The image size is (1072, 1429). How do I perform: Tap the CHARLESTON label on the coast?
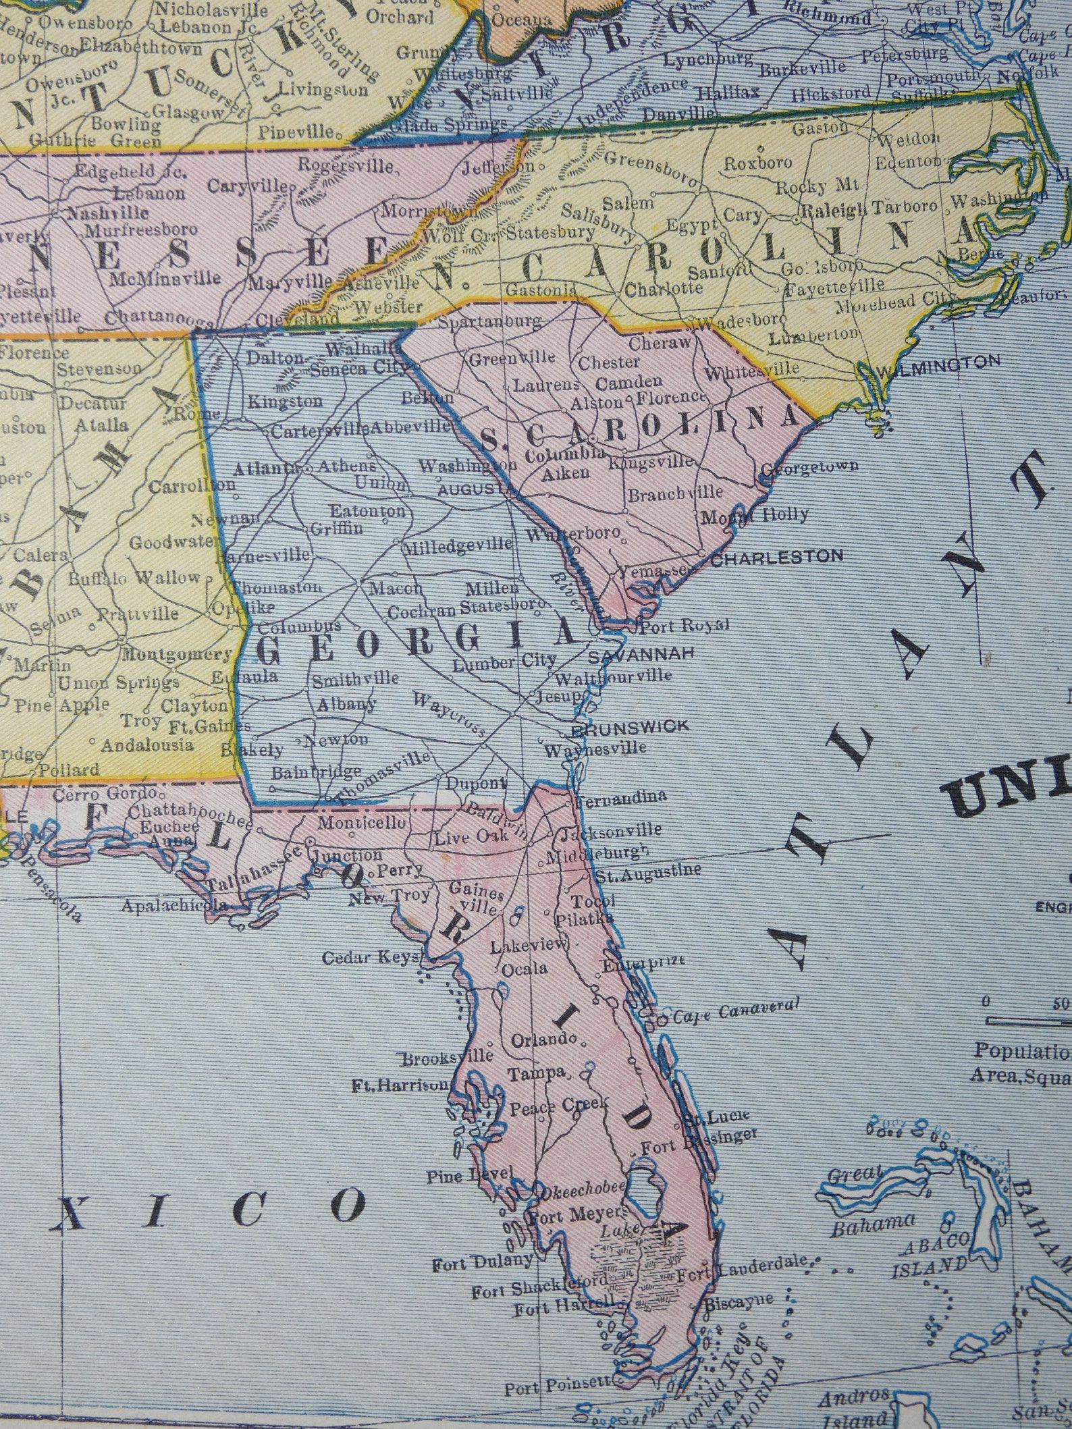778,556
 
